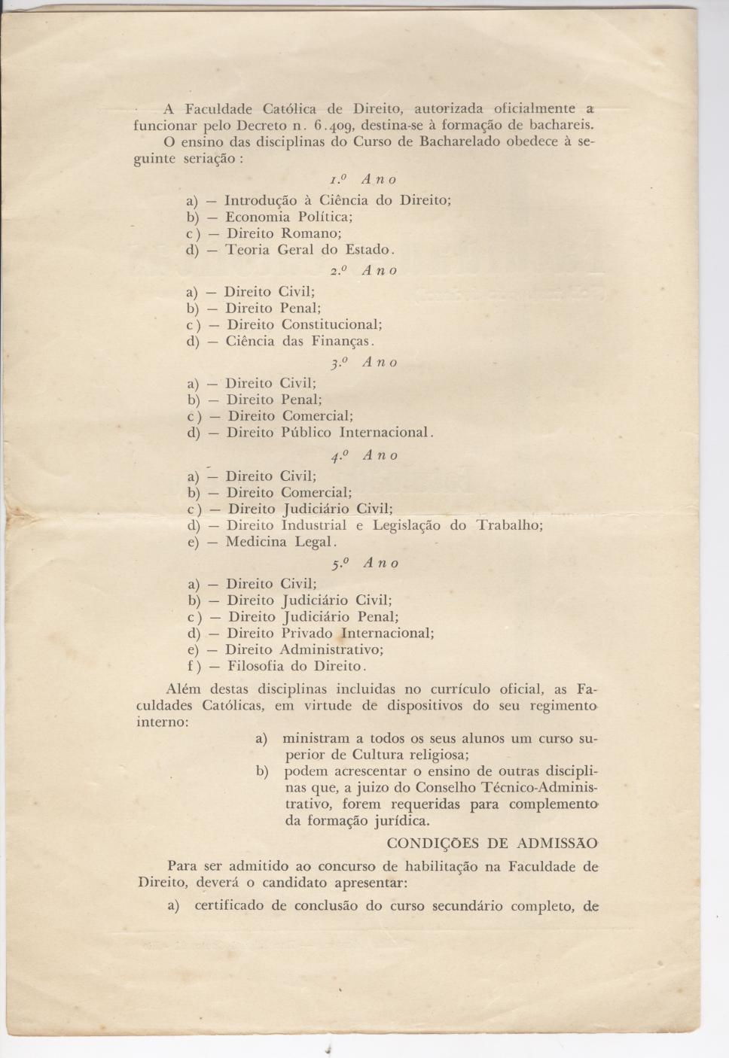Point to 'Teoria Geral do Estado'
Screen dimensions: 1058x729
coord(309,250)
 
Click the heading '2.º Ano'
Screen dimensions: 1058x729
coord(363,271)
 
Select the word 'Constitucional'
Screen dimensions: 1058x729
coord(331,324)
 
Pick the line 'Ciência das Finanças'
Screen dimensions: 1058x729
coord(297,341)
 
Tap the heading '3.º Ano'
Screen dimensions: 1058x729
coord(364,363)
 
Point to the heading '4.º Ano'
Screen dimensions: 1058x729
coord(364,456)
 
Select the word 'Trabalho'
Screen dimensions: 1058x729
coord(509,525)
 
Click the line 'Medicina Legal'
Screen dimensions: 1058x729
coord(280,542)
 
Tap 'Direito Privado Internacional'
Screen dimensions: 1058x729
coord(330,633)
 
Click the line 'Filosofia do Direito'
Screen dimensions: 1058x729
coord(296,666)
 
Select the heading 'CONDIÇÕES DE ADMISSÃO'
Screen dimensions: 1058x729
coord(493,843)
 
